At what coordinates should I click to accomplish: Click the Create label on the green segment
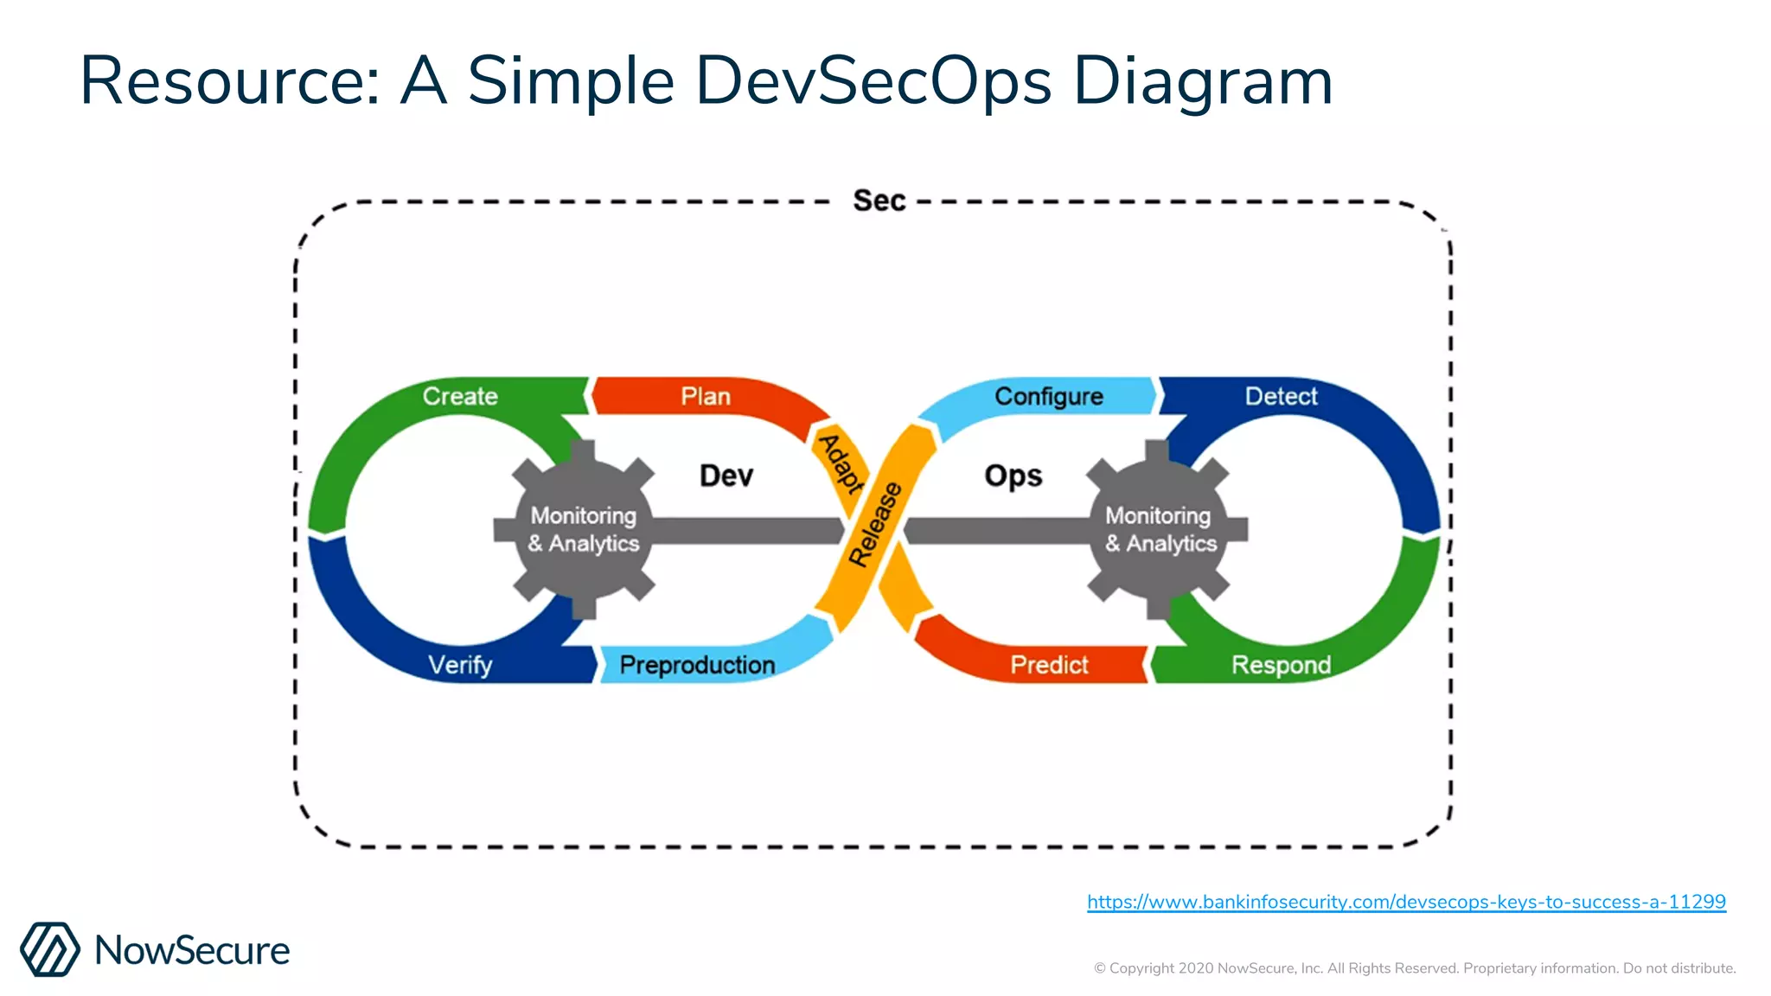point(460,396)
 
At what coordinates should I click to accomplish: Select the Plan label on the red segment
point(706,396)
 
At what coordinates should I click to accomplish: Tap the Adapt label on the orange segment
point(841,463)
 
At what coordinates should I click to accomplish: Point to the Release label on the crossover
point(875,525)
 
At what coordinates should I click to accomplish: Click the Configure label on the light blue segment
point(1048,396)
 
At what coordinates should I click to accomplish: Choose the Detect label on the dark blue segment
point(1281,396)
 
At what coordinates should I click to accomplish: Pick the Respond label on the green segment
point(1281,665)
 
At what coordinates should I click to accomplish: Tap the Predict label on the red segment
point(1049,665)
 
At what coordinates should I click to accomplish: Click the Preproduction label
point(697,665)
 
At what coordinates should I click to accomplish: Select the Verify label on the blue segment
point(460,665)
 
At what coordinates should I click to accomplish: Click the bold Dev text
point(726,476)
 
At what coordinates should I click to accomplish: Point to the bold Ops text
point(1013,476)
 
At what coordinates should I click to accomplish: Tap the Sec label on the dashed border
point(879,201)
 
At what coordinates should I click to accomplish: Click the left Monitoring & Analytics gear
point(584,529)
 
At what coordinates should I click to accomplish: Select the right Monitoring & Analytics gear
point(1160,529)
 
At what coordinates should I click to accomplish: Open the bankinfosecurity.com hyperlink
point(1406,902)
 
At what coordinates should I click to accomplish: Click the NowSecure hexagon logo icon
point(50,949)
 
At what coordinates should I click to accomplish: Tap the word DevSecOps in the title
point(873,81)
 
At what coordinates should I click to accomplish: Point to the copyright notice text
point(1415,968)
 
